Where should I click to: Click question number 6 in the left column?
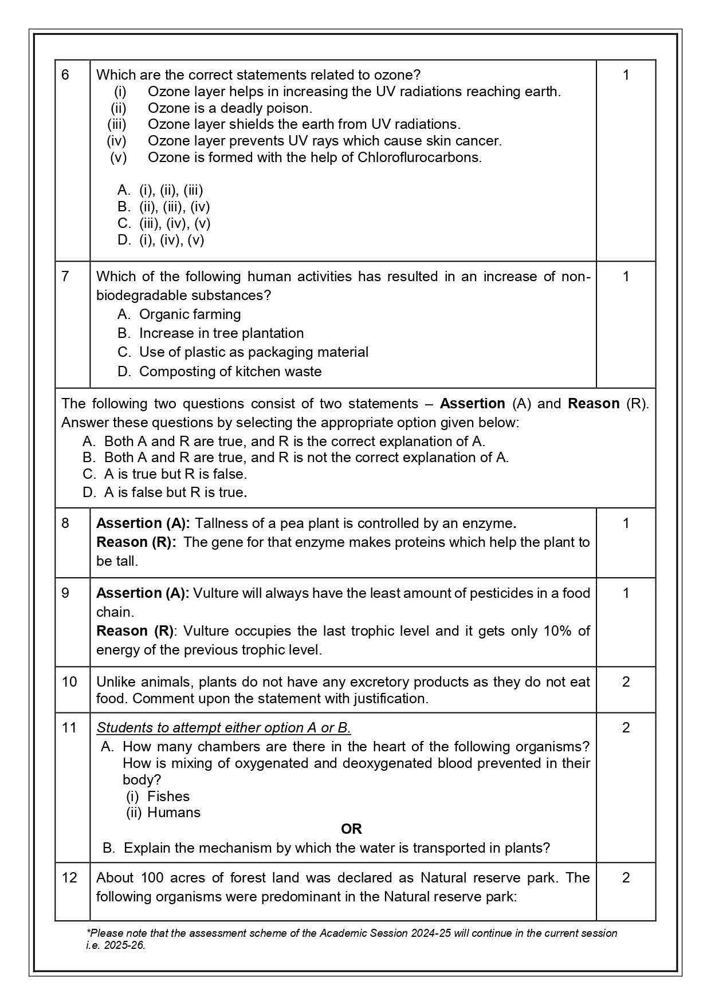coord(65,75)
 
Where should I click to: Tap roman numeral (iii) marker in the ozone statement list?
coord(117,124)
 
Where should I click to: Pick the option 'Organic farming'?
coord(190,314)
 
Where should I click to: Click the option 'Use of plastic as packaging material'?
coord(253,352)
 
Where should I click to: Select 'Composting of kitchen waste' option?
coord(230,372)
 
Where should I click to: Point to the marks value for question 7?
coord(626,277)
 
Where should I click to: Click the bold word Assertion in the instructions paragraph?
coord(472,404)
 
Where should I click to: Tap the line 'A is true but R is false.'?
coord(175,474)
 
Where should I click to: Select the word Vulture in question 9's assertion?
coord(215,593)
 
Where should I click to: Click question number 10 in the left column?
coord(69,682)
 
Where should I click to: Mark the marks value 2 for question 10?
coord(626,682)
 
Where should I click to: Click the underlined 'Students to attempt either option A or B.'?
coord(223,728)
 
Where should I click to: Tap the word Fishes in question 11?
coord(168,797)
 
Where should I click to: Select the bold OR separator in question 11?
coord(351,829)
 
